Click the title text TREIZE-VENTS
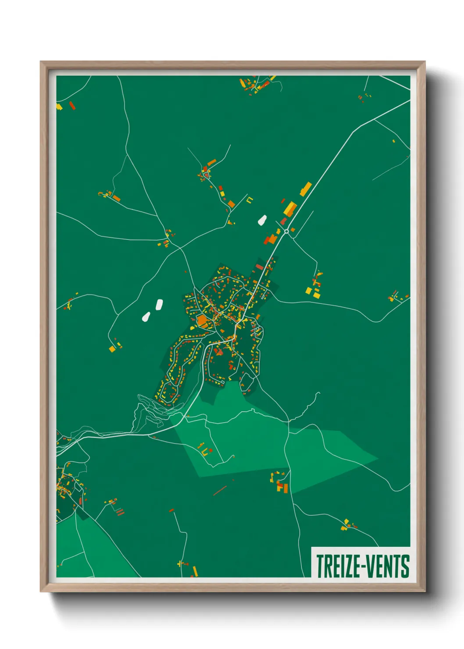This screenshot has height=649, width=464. point(362,566)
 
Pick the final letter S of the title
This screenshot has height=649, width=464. point(405,566)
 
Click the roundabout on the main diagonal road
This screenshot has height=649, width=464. point(286,231)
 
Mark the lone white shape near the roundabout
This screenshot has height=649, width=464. point(262,220)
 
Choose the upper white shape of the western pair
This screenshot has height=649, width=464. point(159,304)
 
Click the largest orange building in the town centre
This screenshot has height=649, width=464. point(202,321)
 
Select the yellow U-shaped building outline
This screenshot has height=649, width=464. point(250,200)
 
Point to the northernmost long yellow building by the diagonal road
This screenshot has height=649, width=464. point(306,189)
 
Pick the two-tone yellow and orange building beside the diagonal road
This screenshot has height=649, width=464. point(289,208)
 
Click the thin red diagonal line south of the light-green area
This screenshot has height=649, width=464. point(220,490)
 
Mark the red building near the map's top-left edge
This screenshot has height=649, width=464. point(72,105)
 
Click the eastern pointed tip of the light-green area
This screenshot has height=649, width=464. point(378,459)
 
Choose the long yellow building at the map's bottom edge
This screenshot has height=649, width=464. point(195,571)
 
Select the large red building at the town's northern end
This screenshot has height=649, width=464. point(260,267)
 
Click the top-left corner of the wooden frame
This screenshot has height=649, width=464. point(41,62)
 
